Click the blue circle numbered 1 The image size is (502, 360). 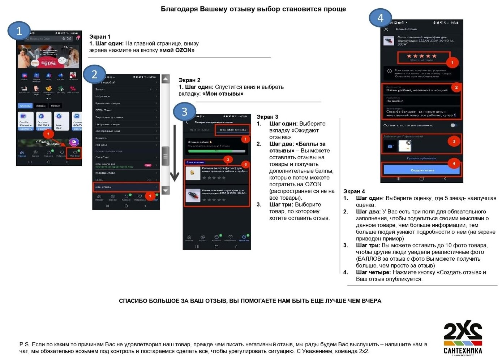pos(19,31)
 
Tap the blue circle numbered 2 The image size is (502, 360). pos(94,74)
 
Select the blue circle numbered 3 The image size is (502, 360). pos(184,112)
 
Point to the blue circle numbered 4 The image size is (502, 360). pos(380,18)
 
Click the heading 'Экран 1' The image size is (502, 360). pos(100,37)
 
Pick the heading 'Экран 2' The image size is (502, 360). pos(189,80)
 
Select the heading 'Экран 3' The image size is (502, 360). pos(267,117)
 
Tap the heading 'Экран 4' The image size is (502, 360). pos(354,191)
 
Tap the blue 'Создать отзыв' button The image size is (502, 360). pos(422,170)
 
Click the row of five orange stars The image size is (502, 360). pos(422,56)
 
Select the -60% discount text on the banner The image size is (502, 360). pos(50,63)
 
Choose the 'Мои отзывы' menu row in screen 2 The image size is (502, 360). pos(126,187)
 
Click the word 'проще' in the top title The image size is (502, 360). pos(335,9)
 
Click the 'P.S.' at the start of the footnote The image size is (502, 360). pos(24,344)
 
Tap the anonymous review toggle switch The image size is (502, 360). pos(454,125)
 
